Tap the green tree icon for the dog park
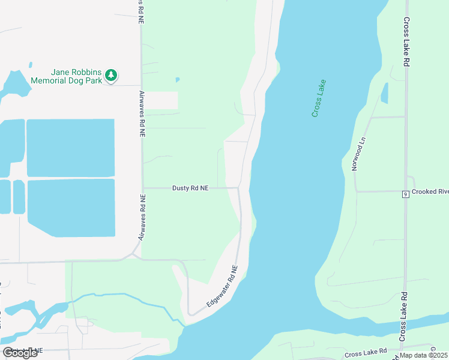click(110, 75)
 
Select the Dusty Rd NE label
click(190, 188)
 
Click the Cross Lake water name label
click(319, 98)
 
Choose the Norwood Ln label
click(358, 154)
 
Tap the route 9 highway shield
click(406, 194)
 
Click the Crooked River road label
click(430, 192)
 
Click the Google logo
click(20, 353)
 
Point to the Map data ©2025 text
click(423, 355)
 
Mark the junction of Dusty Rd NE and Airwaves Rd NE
click(142, 188)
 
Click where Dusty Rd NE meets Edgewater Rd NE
click(238, 188)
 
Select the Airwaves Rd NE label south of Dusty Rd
click(142, 218)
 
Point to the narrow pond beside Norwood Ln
click(384, 93)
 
